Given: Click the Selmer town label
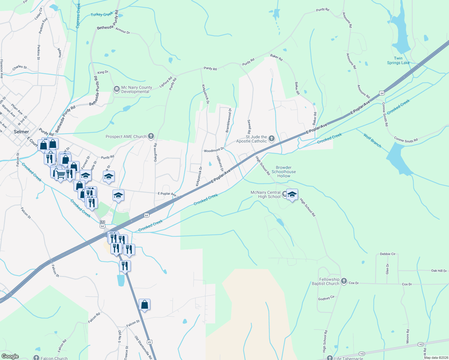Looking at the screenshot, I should click(21, 132).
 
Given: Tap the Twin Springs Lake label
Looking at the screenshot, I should click(398, 61).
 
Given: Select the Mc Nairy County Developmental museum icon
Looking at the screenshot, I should click(116, 89).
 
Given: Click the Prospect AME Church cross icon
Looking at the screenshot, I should click(151, 136).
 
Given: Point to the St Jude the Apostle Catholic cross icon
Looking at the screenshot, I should click(272, 139).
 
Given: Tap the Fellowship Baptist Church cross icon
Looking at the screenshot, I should click(344, 281).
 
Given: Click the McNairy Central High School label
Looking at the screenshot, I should click(266, 195).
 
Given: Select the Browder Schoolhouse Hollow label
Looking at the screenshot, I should click(284, 172).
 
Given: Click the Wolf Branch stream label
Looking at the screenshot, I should click(372, 141).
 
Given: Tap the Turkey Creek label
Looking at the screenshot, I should click(102, 14).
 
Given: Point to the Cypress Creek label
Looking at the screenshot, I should click(78, 16).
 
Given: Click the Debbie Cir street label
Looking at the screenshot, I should click(387, 254).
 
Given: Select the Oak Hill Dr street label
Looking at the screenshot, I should click(439, 271).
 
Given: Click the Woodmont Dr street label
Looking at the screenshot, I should click(214, 150).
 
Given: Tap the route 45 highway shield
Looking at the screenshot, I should click(149, 342).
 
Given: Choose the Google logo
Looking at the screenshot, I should click(10, 356).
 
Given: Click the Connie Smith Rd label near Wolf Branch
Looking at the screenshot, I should click(406, 139).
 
